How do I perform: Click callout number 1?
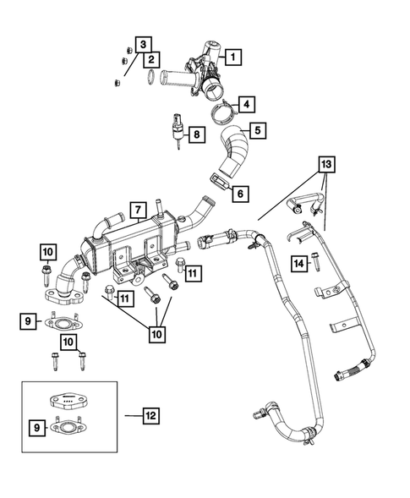pyautogui.click(x=234, y=58)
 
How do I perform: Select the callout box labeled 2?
pyautogui.click(x=151, y=59)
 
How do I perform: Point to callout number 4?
pyautogui.click(x=246, y=106)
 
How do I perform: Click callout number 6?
pyautogui.click(x=241, y=194)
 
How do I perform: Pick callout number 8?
pyautogui.click(x=196, y=134)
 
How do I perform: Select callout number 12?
pyautogui.click(x=151, y=416)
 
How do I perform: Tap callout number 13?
pyautogui.click(x=327, y=162)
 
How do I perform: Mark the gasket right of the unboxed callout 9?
pyautogui.click(x=63, y=321)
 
